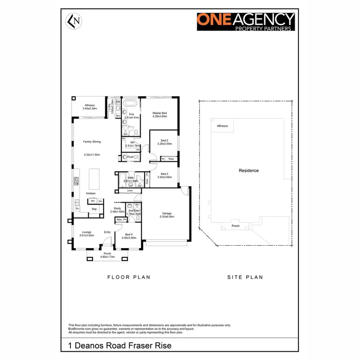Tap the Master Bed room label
tap(159, 113)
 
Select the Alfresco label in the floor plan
tap(90, 105)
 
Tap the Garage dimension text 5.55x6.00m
tap(167, 217)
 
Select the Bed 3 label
tap(165, 174)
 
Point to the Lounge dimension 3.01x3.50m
tap(87, 235)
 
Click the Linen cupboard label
tap(130, 191)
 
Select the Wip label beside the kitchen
tap(95, 209)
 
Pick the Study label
tap(118, 208)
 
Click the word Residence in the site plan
tap(249, 170)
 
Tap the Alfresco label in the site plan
tap(223, 126)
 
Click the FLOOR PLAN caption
tap(129, 277)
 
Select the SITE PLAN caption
tap(245, 277)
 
